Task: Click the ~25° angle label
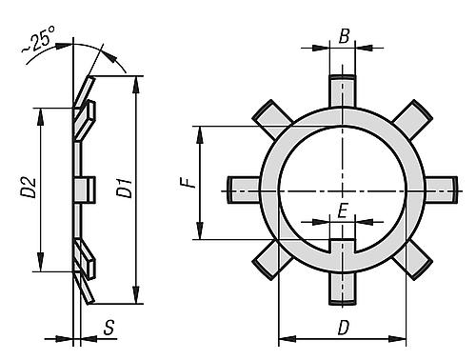coord(38,39)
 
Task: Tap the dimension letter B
coord(344,36)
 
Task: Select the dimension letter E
coord(343,210)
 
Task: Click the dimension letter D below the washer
coord(343,328)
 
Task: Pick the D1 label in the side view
coord(125,189)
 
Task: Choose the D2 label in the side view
coord(30,188)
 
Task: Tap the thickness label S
coord(109,328)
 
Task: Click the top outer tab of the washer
coord(342,91)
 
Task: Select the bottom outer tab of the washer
coord(342,289)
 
